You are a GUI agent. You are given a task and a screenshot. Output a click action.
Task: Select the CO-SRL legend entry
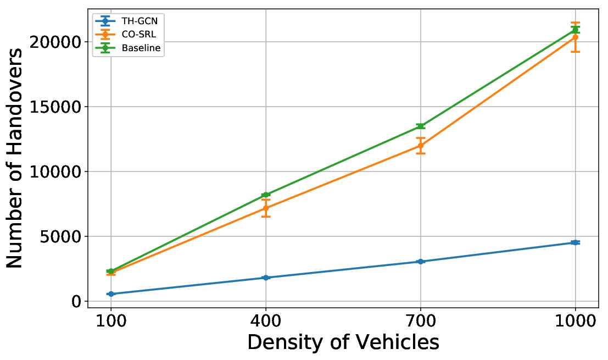(126, 34)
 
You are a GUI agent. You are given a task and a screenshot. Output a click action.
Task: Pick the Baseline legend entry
(127, 48)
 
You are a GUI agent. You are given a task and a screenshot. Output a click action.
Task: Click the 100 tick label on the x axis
(111, 321)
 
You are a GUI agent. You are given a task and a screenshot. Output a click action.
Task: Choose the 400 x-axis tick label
(266, 321)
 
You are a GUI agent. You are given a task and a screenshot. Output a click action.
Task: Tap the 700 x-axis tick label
(420, 321)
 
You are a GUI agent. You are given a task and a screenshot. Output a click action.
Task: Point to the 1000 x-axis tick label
(575, 321)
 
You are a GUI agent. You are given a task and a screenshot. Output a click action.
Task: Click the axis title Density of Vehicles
(343, 342)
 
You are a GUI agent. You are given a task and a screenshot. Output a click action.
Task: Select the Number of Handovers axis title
(14, 158)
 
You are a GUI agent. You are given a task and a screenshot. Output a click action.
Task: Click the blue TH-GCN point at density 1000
(576, 242)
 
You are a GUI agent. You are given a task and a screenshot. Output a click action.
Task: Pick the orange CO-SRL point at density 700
(421, 146)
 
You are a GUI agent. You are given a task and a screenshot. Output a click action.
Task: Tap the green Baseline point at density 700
(421, 126)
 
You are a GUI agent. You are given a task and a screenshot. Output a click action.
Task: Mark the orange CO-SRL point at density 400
(266, 208)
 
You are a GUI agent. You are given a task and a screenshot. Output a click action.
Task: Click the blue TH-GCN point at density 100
(111, 294)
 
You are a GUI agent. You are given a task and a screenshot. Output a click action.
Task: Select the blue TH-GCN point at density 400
(266, 278)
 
